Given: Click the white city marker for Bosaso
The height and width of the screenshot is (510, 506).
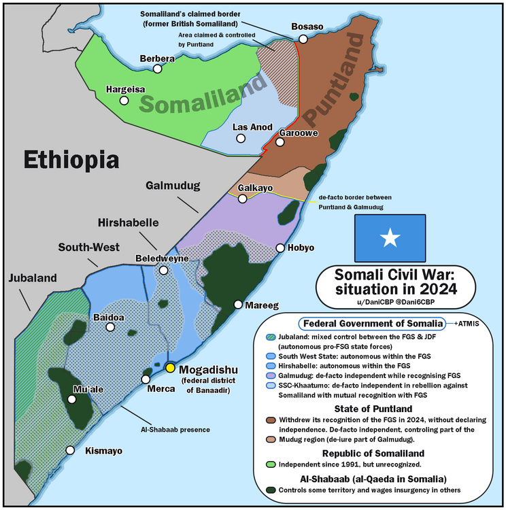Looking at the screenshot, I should [303, 39].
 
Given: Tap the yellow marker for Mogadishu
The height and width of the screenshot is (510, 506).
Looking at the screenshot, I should [170, 368].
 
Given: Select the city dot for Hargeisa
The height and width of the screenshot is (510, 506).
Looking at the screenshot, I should [124, 101].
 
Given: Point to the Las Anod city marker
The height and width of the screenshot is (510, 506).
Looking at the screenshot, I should [240, 139].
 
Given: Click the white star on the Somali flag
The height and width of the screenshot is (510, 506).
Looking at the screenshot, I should [390, 238].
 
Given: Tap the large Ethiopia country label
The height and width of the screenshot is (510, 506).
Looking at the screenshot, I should [71, 160].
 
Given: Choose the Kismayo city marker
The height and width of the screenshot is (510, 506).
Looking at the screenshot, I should [69, 450].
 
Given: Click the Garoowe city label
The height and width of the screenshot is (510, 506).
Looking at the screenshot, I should [299, 133].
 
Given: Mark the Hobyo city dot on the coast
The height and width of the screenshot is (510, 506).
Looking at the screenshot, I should [280, 248].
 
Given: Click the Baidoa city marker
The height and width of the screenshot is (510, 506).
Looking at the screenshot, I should [111, 327].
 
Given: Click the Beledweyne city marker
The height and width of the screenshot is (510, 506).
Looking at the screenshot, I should [163, 270].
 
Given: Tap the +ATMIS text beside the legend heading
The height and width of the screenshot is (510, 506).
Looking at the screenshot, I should [466, 324].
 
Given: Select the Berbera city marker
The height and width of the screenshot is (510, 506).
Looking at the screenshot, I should [157, 69].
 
